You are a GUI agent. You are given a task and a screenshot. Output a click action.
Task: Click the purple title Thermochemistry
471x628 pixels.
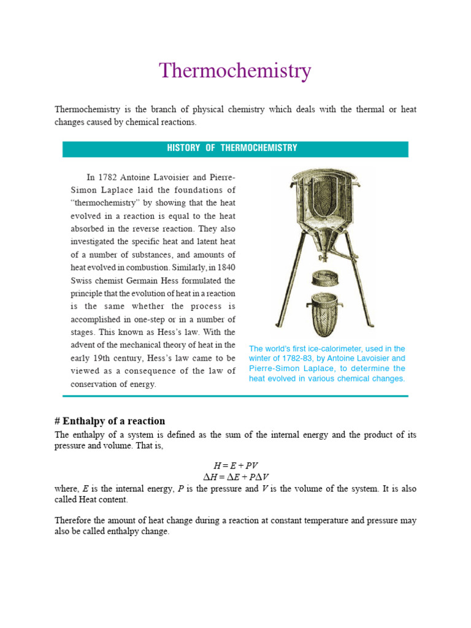[235, 71]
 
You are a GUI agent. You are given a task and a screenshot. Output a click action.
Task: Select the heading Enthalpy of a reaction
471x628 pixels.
[113, 421]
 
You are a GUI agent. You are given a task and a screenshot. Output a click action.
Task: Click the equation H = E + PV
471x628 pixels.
[235, 466]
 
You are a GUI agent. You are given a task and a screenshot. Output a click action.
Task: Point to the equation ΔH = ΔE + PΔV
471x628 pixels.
[235, 477]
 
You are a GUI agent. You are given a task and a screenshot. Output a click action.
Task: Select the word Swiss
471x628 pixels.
[84, 280]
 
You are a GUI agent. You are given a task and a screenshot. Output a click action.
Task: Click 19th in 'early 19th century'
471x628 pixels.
[105, 358]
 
